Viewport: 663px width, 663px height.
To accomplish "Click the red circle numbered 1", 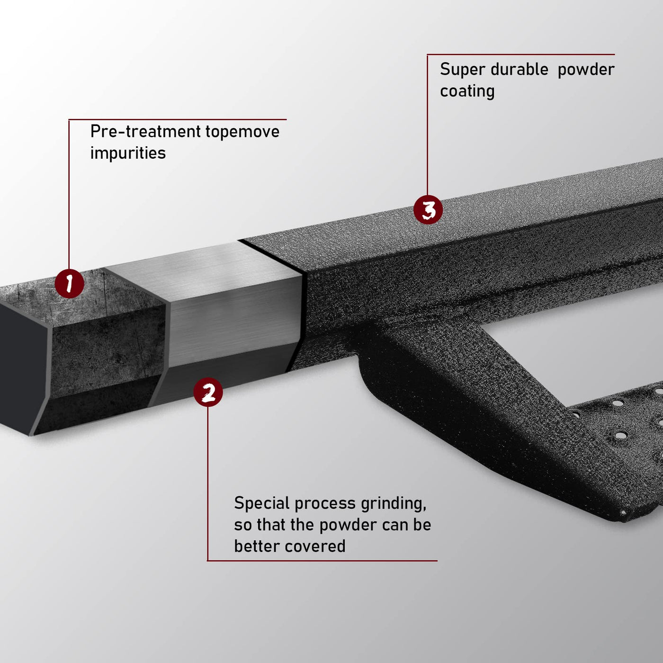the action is (70, 284).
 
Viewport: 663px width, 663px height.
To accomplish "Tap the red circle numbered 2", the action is (208, 392).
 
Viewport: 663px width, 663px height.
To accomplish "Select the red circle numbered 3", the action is (428, 209).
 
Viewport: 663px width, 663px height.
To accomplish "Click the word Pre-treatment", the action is (145, 132).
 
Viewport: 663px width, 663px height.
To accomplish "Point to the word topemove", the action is (242, 132).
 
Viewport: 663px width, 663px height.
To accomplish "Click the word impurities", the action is (128, 153).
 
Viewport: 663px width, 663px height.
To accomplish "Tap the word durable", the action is (520, 69).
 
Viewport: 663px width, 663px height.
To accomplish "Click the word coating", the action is (467, 91).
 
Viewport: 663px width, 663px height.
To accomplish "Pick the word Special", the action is (262, 504).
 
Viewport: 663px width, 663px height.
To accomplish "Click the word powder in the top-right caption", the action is (586, 70).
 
